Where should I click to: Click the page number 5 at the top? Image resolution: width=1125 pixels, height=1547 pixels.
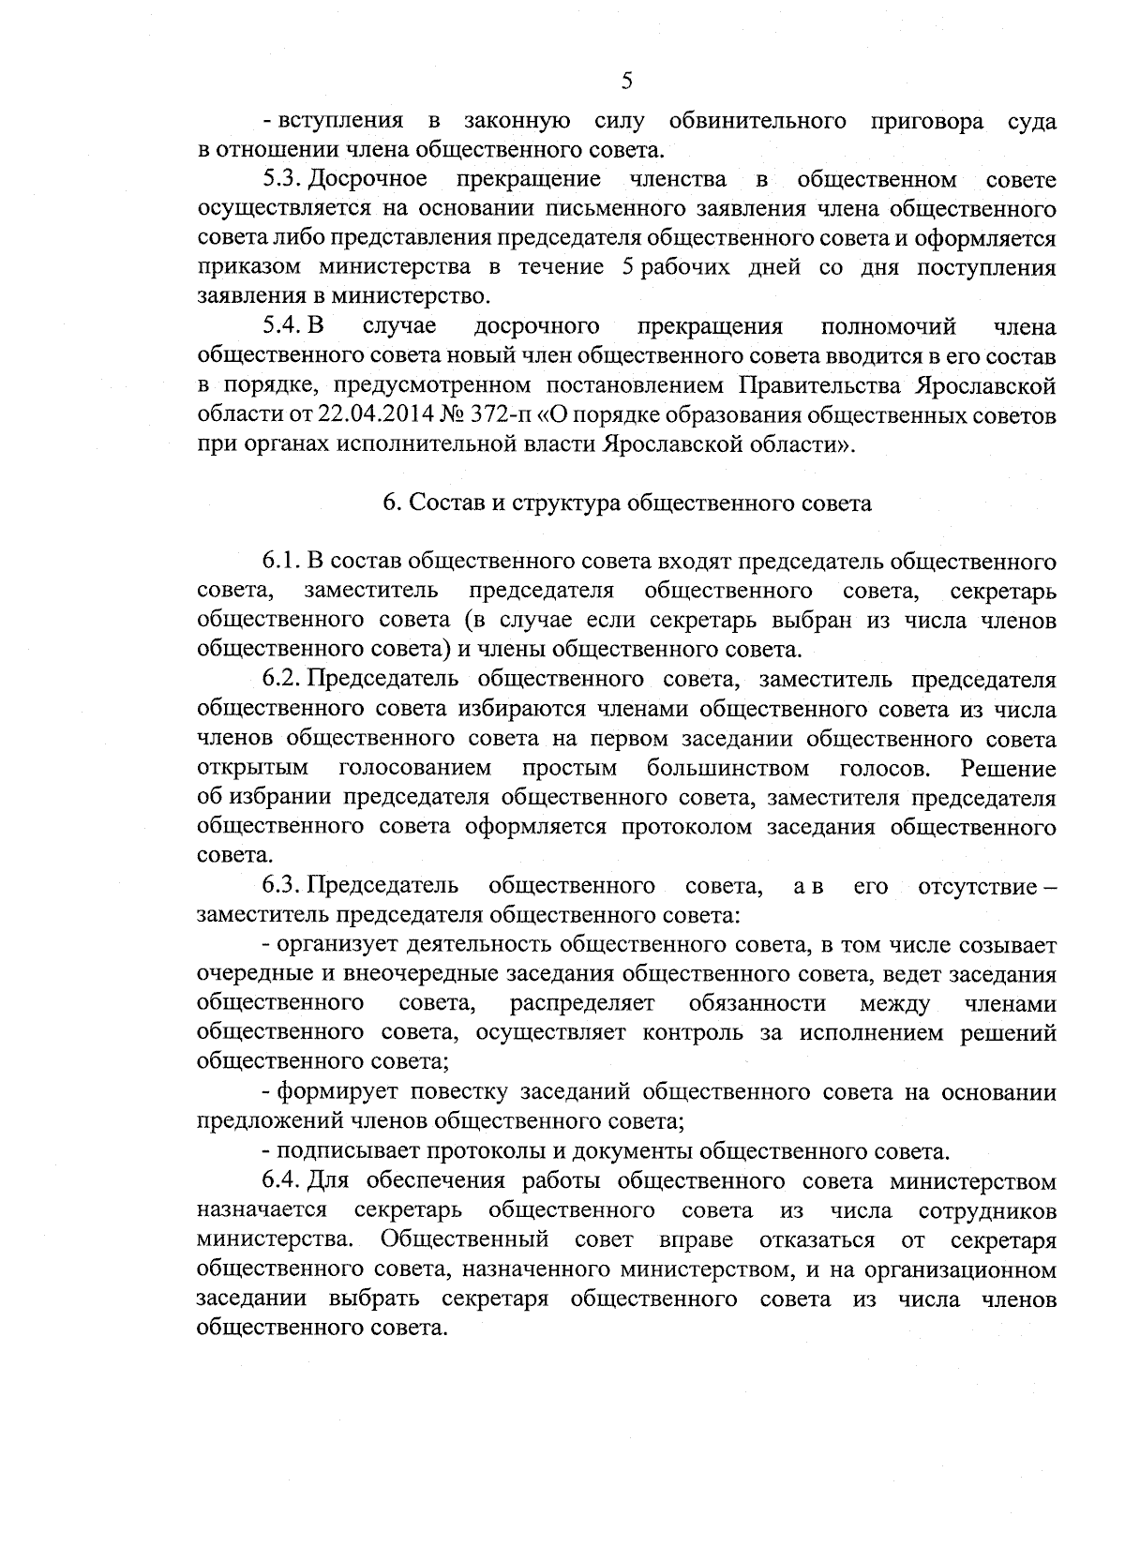pyautogui.click(x=627, y=82)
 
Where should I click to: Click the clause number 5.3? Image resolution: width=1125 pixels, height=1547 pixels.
pyautogui.click(x=280, y=179)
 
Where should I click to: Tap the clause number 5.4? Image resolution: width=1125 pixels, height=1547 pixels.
pyautogui.click(x=280, y=326)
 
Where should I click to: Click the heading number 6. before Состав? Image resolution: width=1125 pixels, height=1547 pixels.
pyautogui.click(x=391, y=503)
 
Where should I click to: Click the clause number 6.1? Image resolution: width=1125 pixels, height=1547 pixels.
pyautogui.click(x=280, y=562)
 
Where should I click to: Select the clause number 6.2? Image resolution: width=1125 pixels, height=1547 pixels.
pyautogui.click(x=280, y=679)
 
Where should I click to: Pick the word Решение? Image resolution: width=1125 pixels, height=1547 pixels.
pyautogui.click(x=1009, y=769)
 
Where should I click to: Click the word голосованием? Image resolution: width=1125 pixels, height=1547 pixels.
pyautogui.click(x=414, y=769)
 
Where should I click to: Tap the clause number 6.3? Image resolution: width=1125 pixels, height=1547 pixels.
pyautogui.click(x=280, y=886)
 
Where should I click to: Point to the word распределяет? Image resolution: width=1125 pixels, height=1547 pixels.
pyautogui.click(x=582, y=1004)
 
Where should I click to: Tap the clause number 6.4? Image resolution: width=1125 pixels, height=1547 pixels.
pyautogui.click(x=280, y=1181)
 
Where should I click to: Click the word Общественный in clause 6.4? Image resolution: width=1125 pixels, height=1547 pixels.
pyautogui.click(x=465, y=1240)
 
